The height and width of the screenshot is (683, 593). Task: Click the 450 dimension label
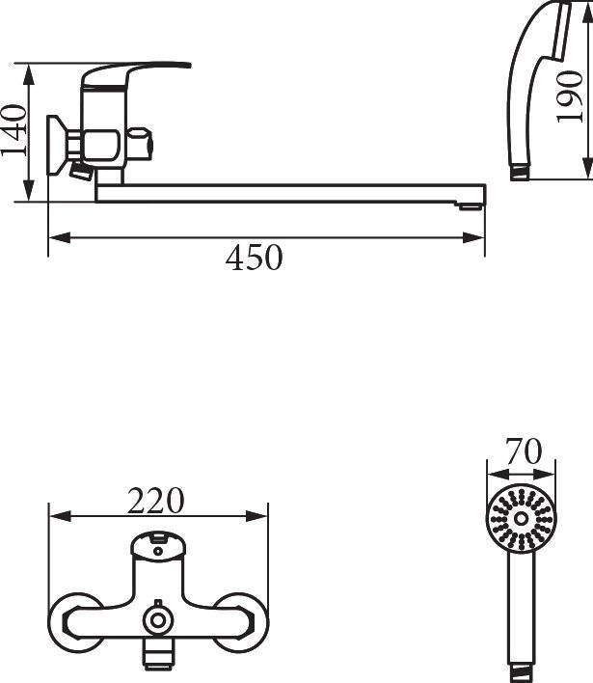(255, 258)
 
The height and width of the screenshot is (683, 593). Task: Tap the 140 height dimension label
(13, 130)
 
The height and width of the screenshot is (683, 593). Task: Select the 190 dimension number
(570, 96)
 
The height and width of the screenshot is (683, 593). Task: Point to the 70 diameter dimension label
(524, 451)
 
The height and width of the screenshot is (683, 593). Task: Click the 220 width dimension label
(156, 501)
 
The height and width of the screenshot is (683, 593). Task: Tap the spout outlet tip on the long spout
(471, 205)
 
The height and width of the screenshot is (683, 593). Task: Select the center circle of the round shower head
(521, 518)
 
